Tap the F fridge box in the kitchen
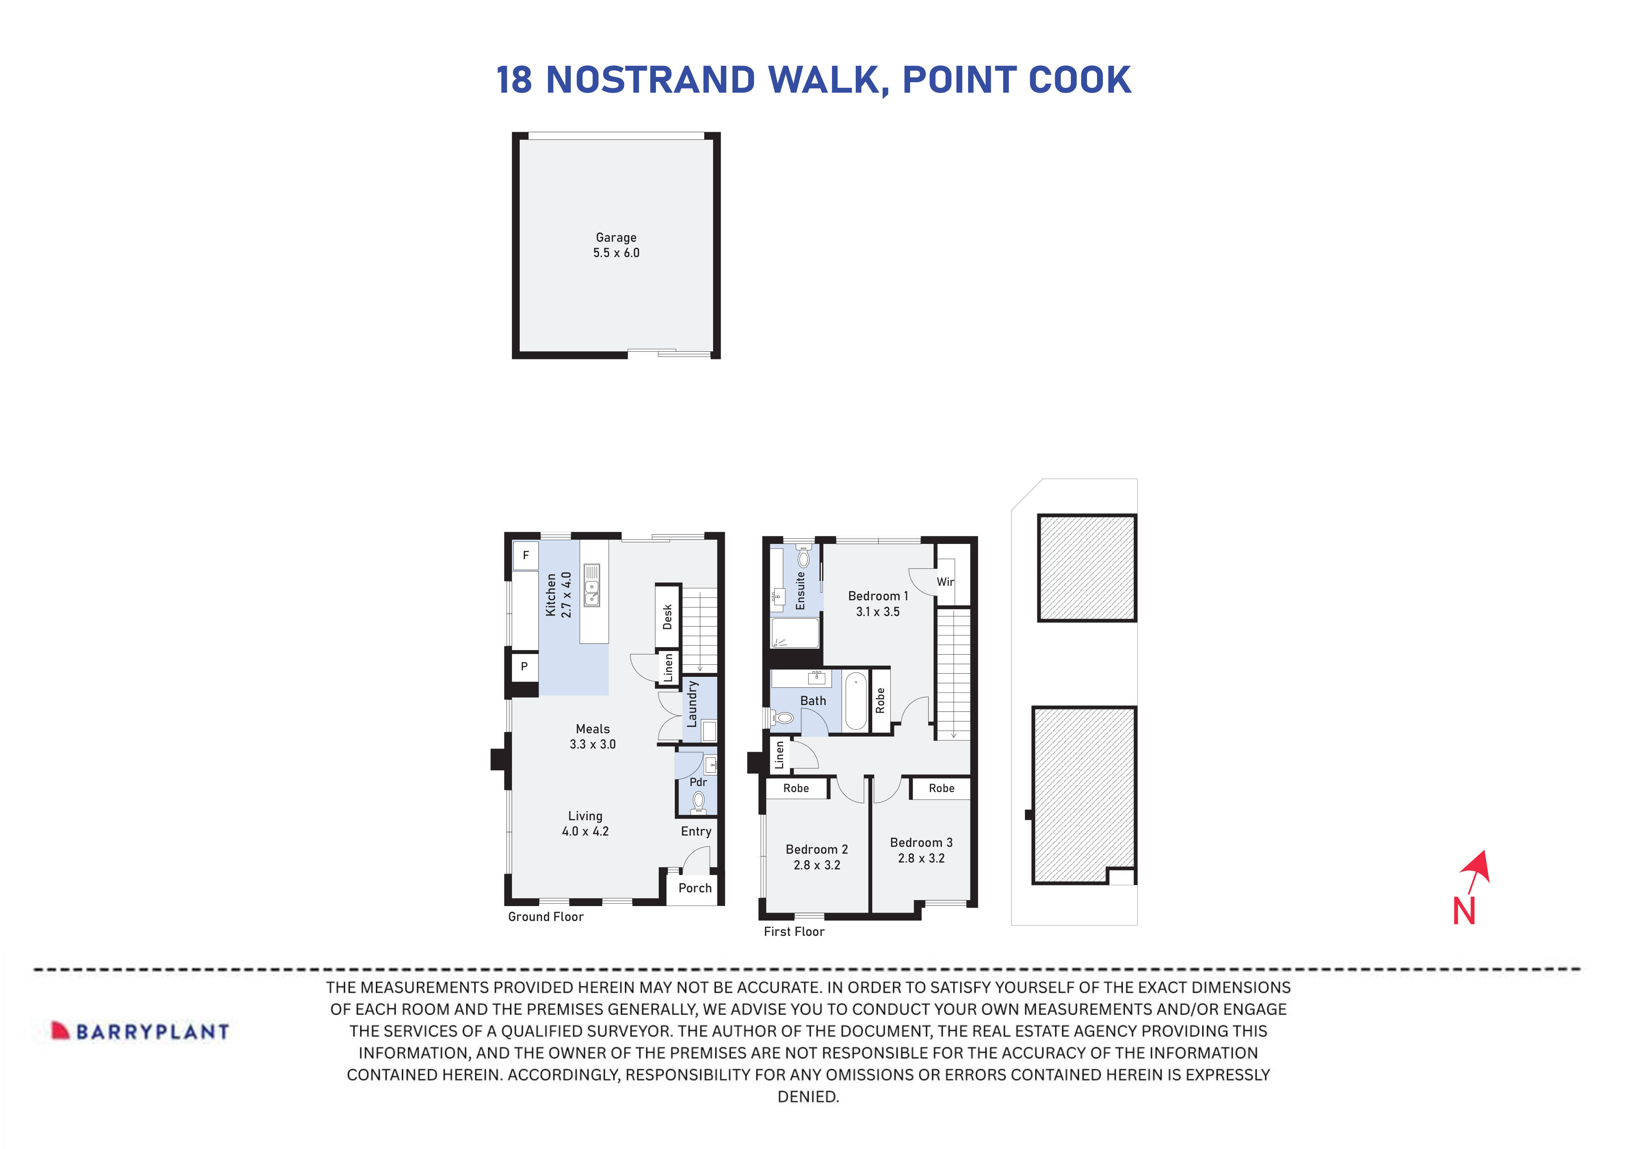(525, 555)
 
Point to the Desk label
(667, 616)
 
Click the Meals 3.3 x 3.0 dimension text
(592, 744)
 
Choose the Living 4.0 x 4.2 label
(585, 823)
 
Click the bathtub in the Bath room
(855, 701)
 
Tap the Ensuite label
(801, 590)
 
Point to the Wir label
(945, 582)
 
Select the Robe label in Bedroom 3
(941, 788)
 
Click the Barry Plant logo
(140, 1031)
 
